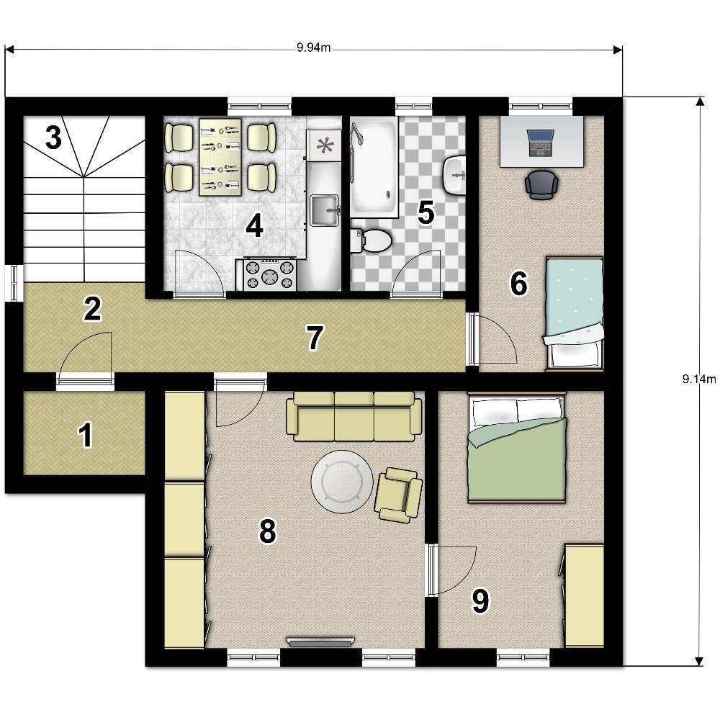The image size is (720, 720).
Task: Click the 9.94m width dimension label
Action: (x=313, y=48)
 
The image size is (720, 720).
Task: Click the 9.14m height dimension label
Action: (x=699, y=379)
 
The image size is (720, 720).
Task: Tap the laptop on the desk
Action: (x=541, y=143)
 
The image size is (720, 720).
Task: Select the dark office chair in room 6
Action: (x=542, y=184)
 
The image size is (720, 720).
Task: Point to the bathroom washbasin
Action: (x=455, y=175)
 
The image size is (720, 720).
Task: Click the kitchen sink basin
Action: (x=325, y=211)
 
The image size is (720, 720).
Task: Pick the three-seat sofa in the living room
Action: (x=354, y=416)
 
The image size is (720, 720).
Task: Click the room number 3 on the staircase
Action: (x=54, y=138)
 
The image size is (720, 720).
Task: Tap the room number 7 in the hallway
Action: (x=315, y=338)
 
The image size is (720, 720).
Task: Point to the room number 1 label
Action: (x=86, y=436)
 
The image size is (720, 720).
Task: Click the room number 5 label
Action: (x=426, y=213)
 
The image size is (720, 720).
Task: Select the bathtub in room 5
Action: (x=374, y=167)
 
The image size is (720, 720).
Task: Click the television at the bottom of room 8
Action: (x=320, y=642)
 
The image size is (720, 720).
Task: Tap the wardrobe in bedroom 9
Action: (x=584, y=595)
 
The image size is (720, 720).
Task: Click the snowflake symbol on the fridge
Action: (x=325, y=145)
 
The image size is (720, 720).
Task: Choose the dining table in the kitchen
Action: (x=220, y=157)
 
